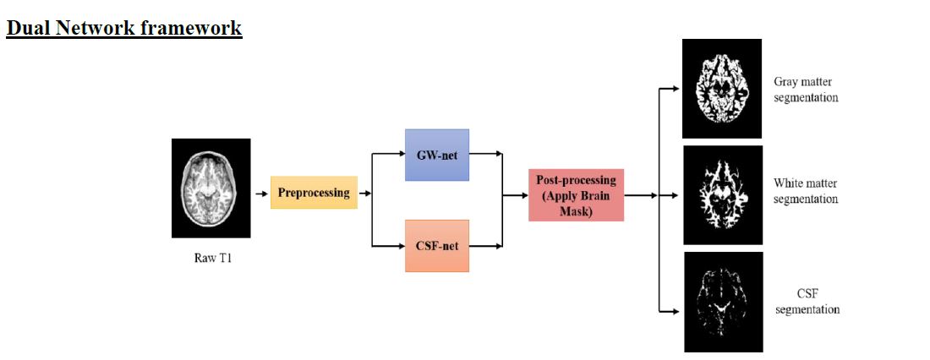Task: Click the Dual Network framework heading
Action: pos(124,28)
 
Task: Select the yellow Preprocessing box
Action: pos(314,193)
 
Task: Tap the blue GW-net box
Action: pos(437,155)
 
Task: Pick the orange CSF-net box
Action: pos(437,245)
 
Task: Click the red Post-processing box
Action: pos(576,194)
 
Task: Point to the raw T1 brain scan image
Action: pos(211,188)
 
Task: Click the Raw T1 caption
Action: pos(213,258)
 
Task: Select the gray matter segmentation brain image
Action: pos(722,88)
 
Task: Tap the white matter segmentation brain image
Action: pos(722,195)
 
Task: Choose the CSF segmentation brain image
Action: pos(723,302)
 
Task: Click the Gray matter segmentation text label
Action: pos(806,90)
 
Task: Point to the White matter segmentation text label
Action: pos(806,191)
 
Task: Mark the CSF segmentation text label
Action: pos(806,301)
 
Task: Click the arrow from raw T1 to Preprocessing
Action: pos(261,194)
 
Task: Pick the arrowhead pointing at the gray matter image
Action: pos(674,87)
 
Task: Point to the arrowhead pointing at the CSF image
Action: pos(674,311)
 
